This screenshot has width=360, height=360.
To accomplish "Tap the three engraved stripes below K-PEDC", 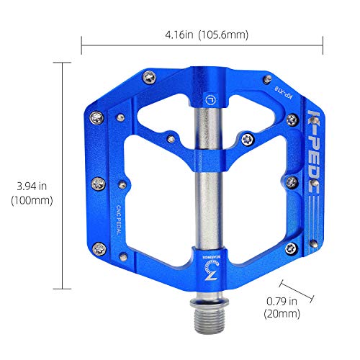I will coord(311,212).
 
